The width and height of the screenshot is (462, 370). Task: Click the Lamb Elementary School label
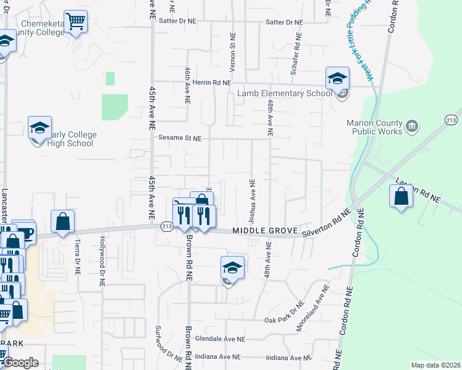click(285, 93)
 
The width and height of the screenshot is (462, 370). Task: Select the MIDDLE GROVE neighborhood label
click(262, 231)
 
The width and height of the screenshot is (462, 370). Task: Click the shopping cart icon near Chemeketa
click(75, 22)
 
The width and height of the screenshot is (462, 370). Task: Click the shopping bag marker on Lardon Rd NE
click(401, 197)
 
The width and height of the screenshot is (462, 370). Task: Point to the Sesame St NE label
click(180, 138)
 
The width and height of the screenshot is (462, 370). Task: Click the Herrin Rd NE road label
click(211, 82)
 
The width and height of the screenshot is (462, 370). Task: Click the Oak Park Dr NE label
click(285, 319)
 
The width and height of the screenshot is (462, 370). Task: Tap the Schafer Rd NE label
click(295, 55)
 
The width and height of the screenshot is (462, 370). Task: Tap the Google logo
click(20, 363)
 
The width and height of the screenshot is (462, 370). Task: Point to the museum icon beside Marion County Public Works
click(412, 127)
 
